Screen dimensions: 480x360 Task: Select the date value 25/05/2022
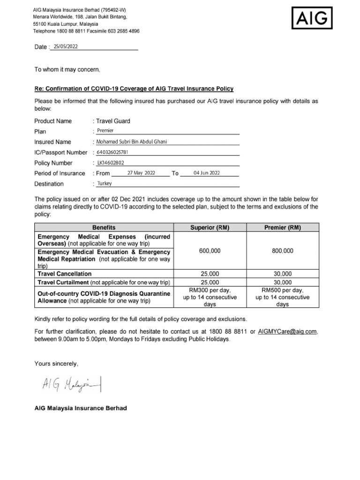pyautogui.click(x=66, y=46)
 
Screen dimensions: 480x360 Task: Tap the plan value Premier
pyautogui.click(x=105, y=131)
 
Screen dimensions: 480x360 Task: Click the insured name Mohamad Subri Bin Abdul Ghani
pyautogui.click(x=131, y=142)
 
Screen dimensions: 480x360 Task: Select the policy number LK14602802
pyautogui.click(x=111, y=163)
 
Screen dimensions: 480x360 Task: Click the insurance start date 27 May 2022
pyautogui.click(x=141, y=173)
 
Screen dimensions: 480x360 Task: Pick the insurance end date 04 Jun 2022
pyautogui.click(x=206, y=173)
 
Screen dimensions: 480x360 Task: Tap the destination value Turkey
pyautogui.click(x=104, y=184)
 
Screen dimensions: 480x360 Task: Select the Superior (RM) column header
pyautogui.click(x=210, y=228)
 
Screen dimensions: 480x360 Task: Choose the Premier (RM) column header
pyautogui.click(x=283, y=228)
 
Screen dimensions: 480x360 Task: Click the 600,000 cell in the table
pyautogui.click(x=210, y=251)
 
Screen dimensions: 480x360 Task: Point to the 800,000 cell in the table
pyautogui.click(x=283, y=251)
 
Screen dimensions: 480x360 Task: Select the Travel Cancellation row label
pyautogui.click(x=65, y=274)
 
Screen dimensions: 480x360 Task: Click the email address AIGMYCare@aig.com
pyautogui.click(x=287, y=332)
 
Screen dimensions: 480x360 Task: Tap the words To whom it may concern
pyautogui.click(x=67, y=69)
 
